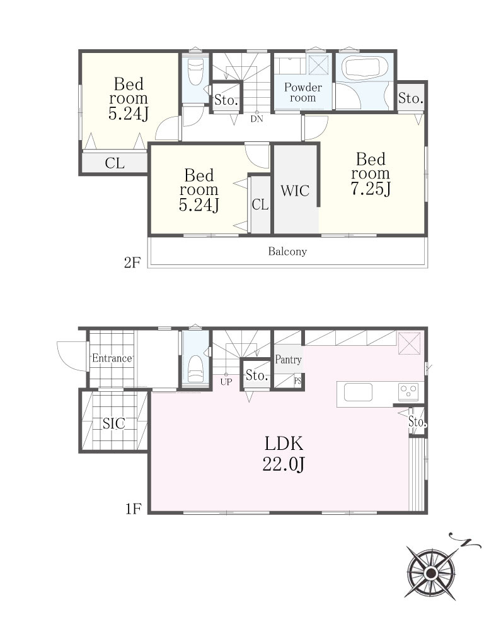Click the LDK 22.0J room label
[x=284, y=454]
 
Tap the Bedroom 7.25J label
[x=371, y=174]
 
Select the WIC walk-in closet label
[x=295, y=191]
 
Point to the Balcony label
[x=287, y=252]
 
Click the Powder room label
[x=303, y=93]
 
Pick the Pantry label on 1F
[x=288, y=360]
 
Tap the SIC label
[x=113, y=423]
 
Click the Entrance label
[x=112, y=358]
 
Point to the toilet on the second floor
[x=195, y=72]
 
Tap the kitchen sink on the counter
[x=357, y=392]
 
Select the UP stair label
[x=226, y=382]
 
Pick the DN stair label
[x=256, y=119]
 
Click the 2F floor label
[x=132, y=262]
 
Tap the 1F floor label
[x=134, y=509]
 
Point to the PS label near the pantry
[x=297, y=380]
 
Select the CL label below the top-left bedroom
[x=115, y=163]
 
